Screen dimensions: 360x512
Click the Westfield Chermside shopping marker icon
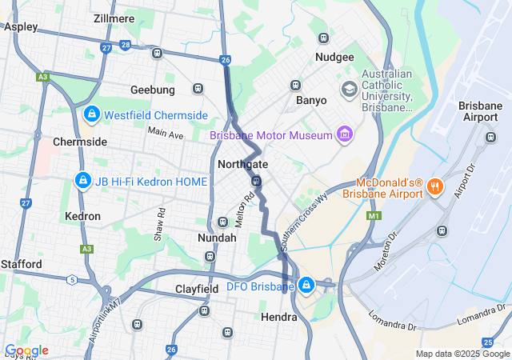coord(92,114)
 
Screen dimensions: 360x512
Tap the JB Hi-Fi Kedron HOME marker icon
coord(81,182)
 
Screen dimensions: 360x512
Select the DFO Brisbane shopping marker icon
coord(306,285)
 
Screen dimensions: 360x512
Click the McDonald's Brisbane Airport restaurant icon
coord(435,186)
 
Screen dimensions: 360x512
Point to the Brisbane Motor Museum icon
coord(345,134)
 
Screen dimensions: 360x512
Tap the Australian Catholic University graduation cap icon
coord(349,89)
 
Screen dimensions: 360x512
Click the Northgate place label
coord(242,164)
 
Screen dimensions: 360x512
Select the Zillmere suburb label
coord(113,18)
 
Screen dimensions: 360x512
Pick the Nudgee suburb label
coord(334,57)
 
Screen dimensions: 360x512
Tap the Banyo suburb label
coord(311,101)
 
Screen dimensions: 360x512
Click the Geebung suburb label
coord(152,89)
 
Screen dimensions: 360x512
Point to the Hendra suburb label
coord(279,317)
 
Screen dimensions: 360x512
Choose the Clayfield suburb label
coord(198,288)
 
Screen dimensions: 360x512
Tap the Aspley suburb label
coord(21,26)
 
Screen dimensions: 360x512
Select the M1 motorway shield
coord(373,215)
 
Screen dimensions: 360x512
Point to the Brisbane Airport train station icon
coord(490,137)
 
